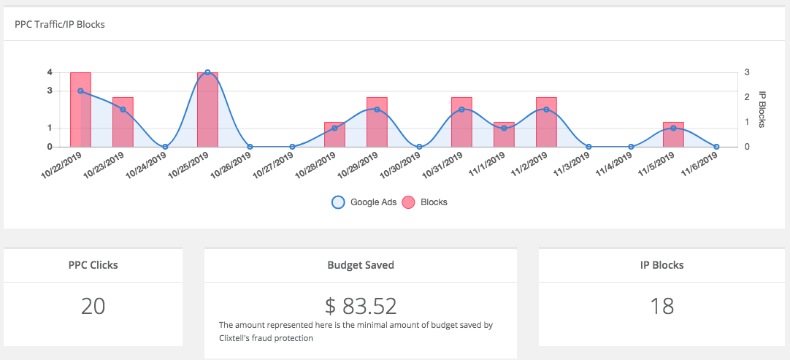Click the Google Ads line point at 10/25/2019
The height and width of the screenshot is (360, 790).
(x=207, y=72)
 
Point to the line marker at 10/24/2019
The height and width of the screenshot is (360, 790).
(x=165, y=147)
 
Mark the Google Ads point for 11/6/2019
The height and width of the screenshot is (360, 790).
(x=716, y=147)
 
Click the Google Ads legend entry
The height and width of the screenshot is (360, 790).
(x=364, y=202)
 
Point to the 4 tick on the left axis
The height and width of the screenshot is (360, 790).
(x=50, y=72)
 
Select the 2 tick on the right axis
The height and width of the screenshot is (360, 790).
(x=747, y=97)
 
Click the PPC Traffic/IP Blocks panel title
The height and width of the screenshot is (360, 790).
(x=60, y=24)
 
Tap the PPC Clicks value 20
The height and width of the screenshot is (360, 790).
(x=93, y=307)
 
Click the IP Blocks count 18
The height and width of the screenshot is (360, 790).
(x=661, y=307)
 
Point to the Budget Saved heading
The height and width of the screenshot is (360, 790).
(x=361, y=265)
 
